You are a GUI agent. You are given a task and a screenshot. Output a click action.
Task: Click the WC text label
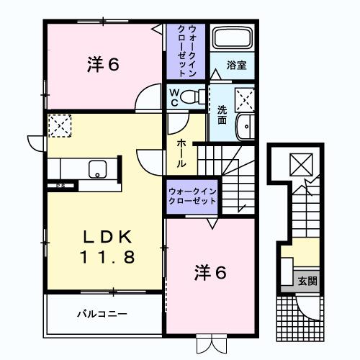tap(174, 96)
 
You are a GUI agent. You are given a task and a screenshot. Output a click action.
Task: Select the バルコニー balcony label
tap(102, 314)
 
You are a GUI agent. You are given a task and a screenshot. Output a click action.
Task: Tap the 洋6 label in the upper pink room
tap(104, 64)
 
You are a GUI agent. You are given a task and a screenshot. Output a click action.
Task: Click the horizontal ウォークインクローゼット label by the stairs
tap(192, 196)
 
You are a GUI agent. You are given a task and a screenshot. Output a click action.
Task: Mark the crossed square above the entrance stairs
tap(297, 165)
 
